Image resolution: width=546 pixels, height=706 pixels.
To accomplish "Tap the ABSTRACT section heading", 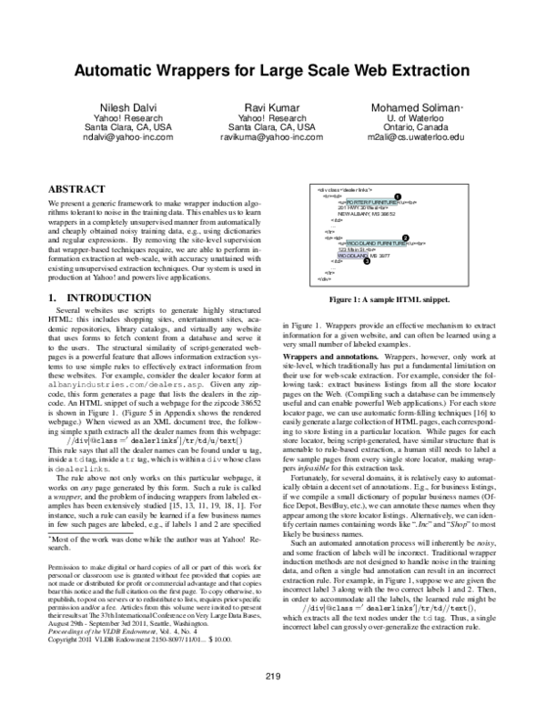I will coord(75,181).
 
